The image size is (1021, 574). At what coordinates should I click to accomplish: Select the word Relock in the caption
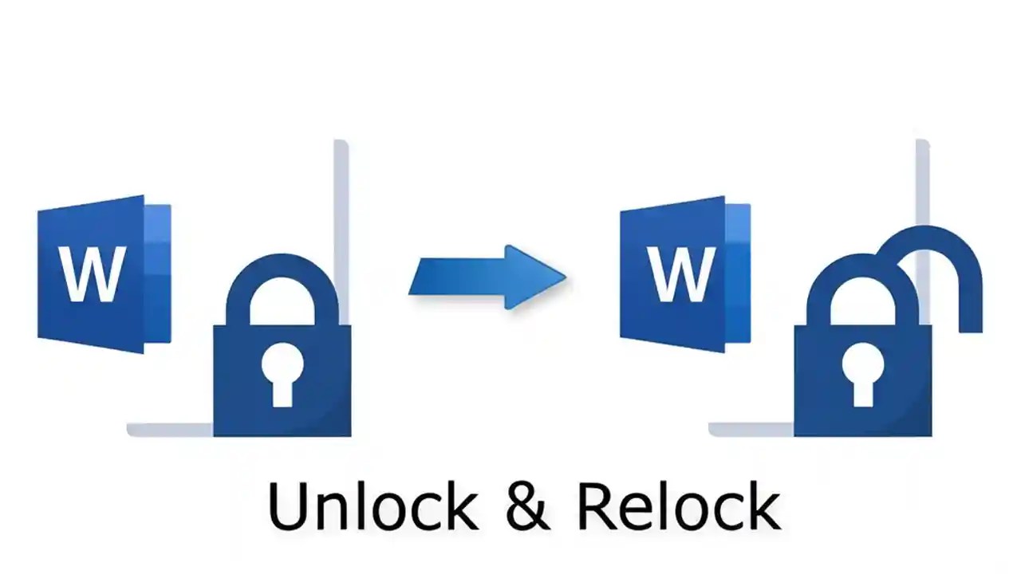point(678,506)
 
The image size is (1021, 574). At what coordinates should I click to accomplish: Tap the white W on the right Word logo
point(679,274)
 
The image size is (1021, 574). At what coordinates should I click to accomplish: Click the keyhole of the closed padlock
point(282,375)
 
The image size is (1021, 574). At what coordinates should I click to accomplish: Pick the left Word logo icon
point(104,273)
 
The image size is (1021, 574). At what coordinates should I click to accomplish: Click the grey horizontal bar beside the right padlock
point(750,431)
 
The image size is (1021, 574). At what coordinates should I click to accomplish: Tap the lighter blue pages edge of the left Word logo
point(158,273)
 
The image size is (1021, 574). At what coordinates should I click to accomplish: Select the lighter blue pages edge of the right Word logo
point(738,273)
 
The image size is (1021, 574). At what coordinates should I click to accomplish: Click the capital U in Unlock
point(286,506)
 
